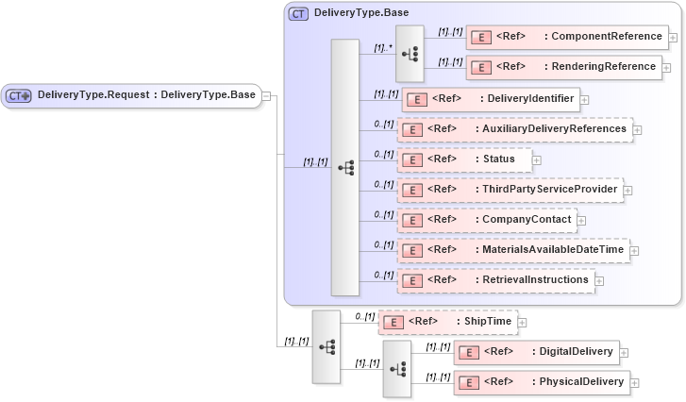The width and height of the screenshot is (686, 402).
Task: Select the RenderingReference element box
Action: pos(563,67)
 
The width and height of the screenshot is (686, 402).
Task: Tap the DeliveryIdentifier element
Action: pos(490,98)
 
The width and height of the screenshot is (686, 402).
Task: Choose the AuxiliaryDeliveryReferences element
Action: pos(514,128)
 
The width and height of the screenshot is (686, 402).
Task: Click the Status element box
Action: pos(464,159)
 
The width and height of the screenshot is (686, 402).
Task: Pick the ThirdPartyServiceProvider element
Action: pos(510,190)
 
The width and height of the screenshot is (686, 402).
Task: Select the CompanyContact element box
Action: pos(487,220)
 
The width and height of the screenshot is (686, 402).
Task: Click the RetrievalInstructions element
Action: pos(495,280)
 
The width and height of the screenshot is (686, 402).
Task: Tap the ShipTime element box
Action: pos(447,322)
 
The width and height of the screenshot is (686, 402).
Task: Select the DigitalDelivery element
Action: pos(536,352)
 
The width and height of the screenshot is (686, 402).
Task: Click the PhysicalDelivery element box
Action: pos(542,382)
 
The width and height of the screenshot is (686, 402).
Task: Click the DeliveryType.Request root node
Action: pos(131,95)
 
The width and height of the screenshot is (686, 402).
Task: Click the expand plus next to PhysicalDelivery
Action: pos(635,383)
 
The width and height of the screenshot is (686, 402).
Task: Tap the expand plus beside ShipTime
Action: pos(523,323)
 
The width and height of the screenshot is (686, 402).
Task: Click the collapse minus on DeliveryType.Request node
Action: pos(267,95)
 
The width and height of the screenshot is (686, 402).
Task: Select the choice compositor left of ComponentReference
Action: pos(410,53)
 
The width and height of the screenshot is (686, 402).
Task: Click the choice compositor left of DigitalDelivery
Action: pos(396,367)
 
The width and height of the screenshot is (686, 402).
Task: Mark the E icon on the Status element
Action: pos(411,159)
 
